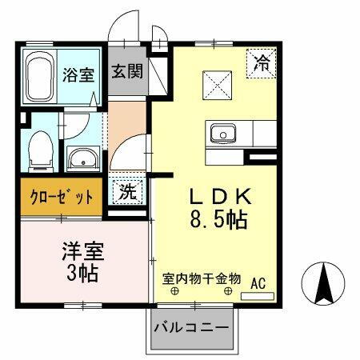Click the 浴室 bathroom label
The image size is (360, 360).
click(79, 74)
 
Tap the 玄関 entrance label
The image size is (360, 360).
click(127, 71)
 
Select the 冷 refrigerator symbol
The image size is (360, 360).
click(262, 61)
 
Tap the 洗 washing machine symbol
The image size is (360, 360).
click(126, 192)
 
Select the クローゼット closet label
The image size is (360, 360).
click(62, 197)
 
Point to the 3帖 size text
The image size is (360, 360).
click(83, 273)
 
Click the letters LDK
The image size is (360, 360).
click(221, 196)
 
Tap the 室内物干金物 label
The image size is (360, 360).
click(201, 279)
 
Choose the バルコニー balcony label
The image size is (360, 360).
click(190, 328)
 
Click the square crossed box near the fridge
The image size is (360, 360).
click(215, 83)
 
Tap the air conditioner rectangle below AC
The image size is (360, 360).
click(258, 295)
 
